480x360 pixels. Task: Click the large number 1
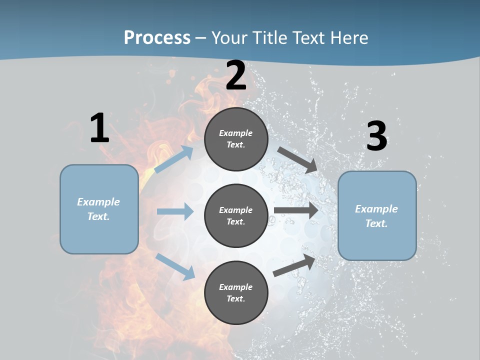[x=99, y=128]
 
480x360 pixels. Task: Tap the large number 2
[x=236, y=76]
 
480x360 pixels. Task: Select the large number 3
[x=376, y=136]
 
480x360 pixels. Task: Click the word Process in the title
[x=157, y=37]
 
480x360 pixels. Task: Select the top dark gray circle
[x=236, y=139]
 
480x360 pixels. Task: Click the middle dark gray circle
[x=236, y=216]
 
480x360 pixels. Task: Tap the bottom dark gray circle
[x=236, y=292]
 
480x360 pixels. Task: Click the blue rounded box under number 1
[x=99, y=209]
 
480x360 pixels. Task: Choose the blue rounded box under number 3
[x=377, y=216]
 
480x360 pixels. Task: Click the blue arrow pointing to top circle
[x=174, y=159]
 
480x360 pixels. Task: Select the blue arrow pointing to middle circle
[x=175, y=211]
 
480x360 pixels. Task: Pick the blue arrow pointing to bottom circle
[x=175, y=266]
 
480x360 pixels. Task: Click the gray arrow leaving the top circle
[x=298, y=160]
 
